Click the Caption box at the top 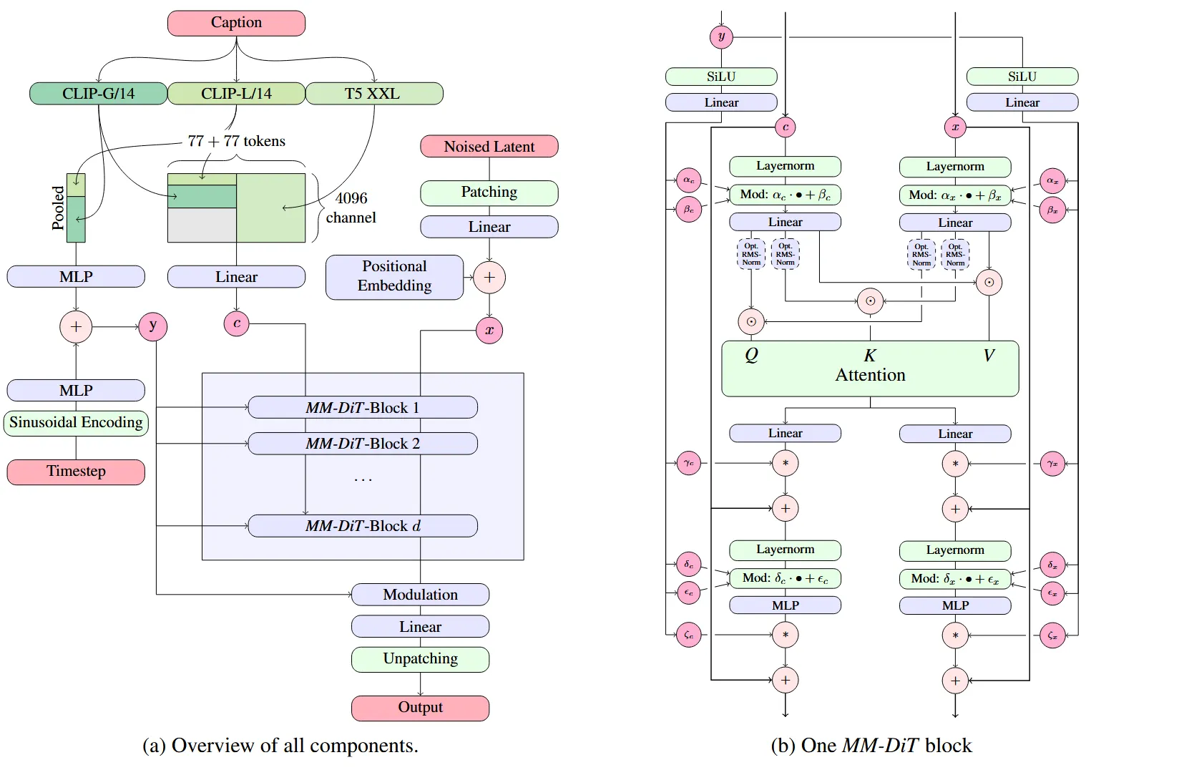point(236,23)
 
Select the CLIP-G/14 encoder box point(98,94)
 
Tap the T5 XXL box point(374,94)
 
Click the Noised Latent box point(489,147)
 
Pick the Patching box point(489,192)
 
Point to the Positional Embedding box point(394,277)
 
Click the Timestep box point(76,472)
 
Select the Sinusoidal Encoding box point(76,423)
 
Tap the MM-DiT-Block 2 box point(362,444)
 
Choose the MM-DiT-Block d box point(362,526)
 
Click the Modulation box point(420,595)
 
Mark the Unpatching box point(420,659)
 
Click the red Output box point(420,708)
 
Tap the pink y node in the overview point(152,326)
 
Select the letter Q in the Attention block point(751,355)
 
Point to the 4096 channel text point(351,208)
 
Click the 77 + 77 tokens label point(236,141)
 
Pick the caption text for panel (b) point(871,746)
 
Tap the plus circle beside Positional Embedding point(489,278)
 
